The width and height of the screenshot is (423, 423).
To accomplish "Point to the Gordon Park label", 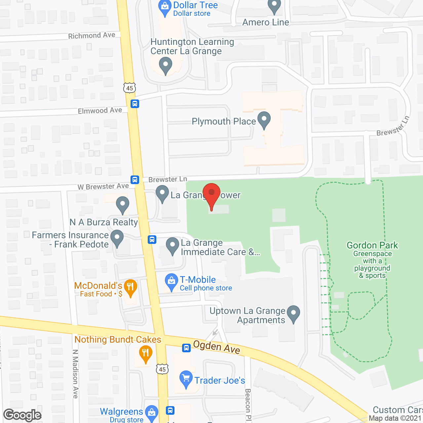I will [x=372, y=246].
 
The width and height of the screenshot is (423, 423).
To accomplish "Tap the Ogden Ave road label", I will [x=216, y=347].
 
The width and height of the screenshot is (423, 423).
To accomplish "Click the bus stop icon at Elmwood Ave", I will [x=135, y=104].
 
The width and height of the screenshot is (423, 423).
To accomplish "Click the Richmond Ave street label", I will [x=92, y=35].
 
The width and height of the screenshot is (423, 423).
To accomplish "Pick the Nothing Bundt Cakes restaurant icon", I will [x=145, y=354].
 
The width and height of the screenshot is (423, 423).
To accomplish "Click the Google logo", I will [x=22, y=415].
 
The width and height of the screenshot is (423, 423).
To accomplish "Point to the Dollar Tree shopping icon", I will [x=165, y=8].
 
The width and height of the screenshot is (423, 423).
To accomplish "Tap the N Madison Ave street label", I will [x=75, y=374].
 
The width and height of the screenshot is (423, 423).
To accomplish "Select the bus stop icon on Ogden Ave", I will [x=186, y=348].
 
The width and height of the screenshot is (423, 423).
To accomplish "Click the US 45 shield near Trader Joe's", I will [x=162, y=369].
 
